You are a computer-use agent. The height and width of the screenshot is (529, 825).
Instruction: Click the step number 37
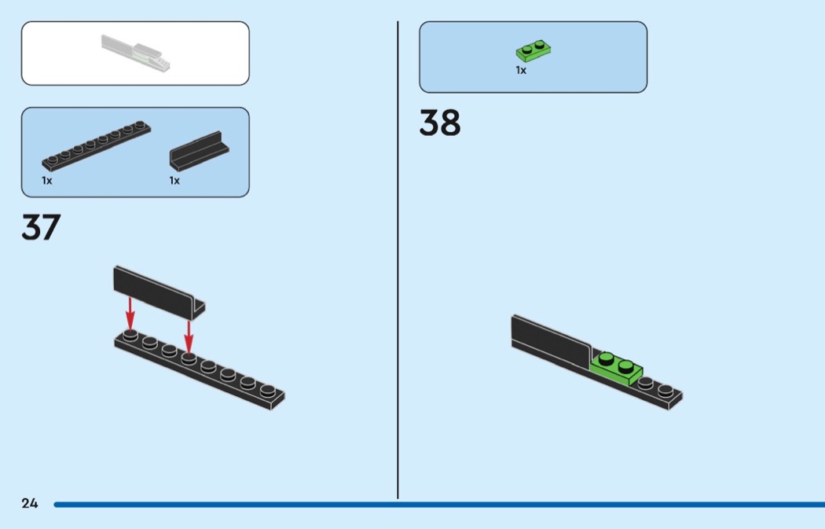pyautogui.click(x=41, y=227)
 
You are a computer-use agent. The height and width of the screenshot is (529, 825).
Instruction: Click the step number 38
pyautogui.click(x=440, y=123)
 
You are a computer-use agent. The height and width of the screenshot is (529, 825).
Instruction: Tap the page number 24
pyautogui.click(x=30, y=503)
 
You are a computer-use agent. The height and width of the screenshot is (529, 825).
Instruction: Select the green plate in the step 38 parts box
pyautogui.click(x=533, y=51)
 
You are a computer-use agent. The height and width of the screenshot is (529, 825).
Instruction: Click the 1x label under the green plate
pyautogui.click(x=521, y=70)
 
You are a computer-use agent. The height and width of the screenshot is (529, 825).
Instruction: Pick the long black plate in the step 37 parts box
pyautogui.click(x=96, y=146)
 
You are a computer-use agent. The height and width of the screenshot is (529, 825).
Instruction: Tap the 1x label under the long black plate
pyautogui.click(x=47, y=180)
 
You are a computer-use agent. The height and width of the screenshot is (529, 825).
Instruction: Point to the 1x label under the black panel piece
pyautogui.click(x=174, y=180)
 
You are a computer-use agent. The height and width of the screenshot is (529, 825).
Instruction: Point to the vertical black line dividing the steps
pyautogui.click(x=398, y=259)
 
